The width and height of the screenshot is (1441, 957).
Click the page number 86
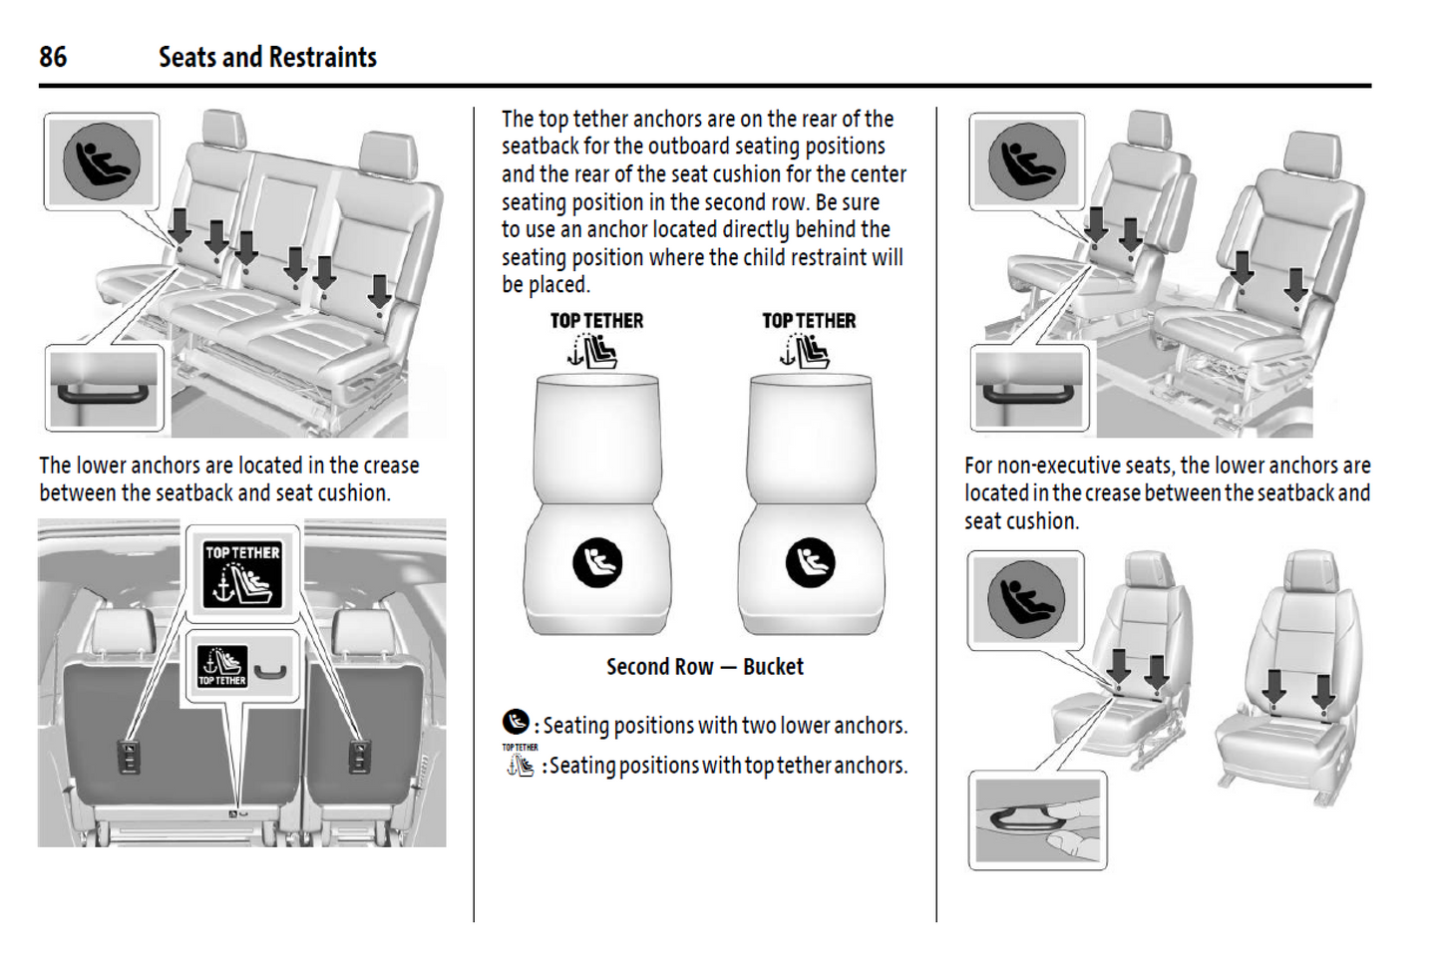(x=53, y=57)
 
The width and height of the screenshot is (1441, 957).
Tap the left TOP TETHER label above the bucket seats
(x=596, y=321)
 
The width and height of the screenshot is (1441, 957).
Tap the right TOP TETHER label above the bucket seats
(x=809, y=321)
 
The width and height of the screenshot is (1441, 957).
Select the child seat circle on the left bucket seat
(x=597, y=562)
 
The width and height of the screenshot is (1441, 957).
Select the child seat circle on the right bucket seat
(x=810, y=562)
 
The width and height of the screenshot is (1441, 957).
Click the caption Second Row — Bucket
(x=704, y=667)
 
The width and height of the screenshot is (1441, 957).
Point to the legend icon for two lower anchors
(x=516, y=723)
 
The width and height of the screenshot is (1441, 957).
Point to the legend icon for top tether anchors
(x=520, y=763)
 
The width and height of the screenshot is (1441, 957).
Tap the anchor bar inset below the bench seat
(x=104, y=390)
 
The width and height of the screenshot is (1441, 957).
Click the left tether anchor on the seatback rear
(x=129, y=758)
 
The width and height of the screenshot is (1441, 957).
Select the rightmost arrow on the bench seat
(x=379, y=292)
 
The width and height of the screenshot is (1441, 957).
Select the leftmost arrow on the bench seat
(x=180, y=224)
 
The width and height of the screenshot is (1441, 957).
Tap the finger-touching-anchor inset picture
(x=1037, y=819)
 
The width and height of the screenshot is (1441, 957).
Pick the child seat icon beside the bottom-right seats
(x=1026, y=599)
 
